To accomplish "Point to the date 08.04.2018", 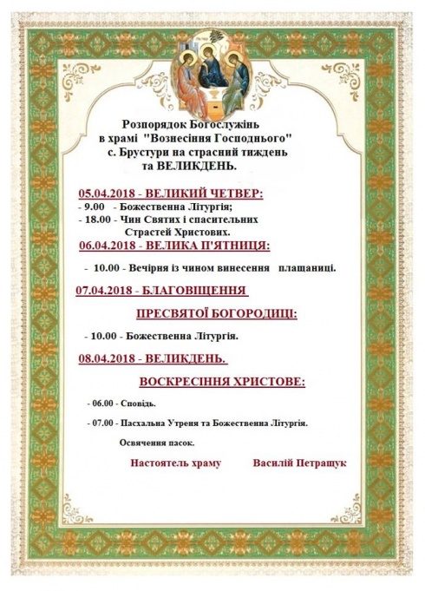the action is (105, 358).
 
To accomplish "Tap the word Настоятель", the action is (162, 463).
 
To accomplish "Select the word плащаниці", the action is (308, 268).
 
